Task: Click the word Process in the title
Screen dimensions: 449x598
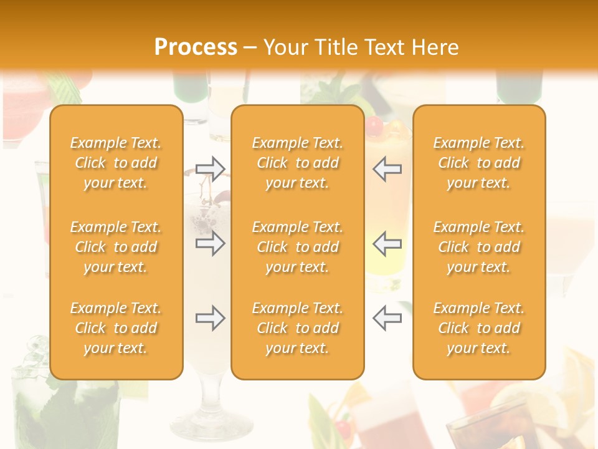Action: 196,47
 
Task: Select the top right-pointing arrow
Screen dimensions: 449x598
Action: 211,168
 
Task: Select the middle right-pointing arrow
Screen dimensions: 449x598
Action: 211,243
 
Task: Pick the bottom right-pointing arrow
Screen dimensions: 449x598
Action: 211,318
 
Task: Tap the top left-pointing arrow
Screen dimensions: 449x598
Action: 387,168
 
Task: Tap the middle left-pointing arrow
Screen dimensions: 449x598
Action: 387,243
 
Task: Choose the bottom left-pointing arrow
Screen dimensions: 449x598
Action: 387,318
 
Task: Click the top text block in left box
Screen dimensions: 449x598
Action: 116,163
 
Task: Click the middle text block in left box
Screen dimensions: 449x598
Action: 116,247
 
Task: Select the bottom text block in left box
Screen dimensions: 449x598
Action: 116,328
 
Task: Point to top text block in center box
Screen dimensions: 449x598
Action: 297,163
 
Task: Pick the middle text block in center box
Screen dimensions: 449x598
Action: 297,247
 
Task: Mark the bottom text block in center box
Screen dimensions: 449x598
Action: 297,328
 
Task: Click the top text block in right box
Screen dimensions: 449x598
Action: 478,163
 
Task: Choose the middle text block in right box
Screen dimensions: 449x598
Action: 478,247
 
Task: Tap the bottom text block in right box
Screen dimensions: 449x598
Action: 478,328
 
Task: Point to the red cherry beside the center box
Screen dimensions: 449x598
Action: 374,127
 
